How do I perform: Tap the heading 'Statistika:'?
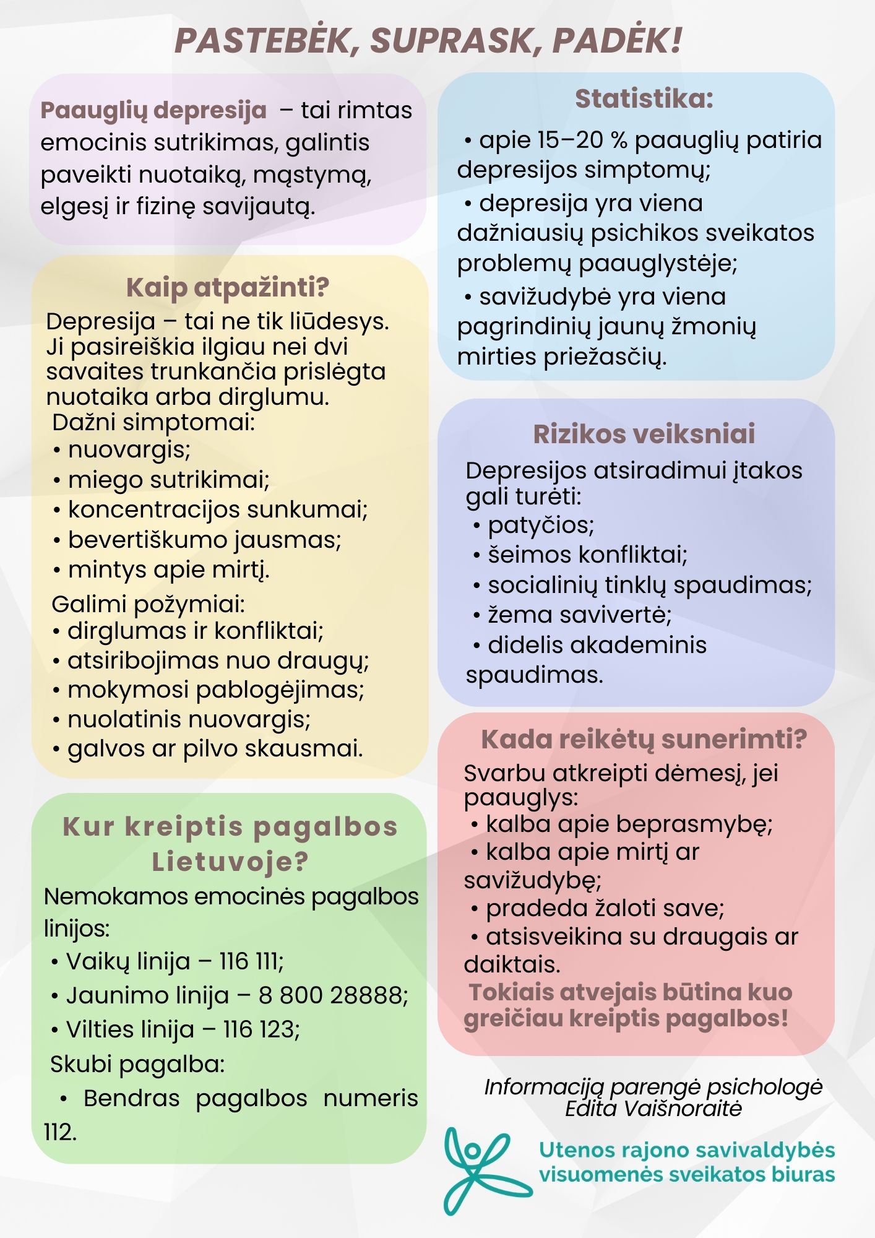[644, 98]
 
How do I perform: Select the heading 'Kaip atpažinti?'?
[228, 287]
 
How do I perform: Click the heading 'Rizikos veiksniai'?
[644, 434]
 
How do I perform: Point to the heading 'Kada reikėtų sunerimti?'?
[644, 739]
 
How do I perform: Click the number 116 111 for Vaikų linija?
[251, 961]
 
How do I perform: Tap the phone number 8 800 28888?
[332, 995]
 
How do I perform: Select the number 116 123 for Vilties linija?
[261, 1029]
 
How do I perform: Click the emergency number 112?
[60, 1132]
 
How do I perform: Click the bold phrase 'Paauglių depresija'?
[153, 111]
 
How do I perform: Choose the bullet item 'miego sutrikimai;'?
[168, 480]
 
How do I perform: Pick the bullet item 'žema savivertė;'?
[579, 615]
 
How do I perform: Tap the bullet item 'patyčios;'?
[540, 525]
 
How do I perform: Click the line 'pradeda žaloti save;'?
[605, 908]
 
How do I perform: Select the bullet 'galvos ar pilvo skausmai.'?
[215, 749]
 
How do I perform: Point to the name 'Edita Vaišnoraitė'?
[653, 1109]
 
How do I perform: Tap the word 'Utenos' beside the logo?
[569, 1150]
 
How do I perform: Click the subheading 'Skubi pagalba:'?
[137, 1064]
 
